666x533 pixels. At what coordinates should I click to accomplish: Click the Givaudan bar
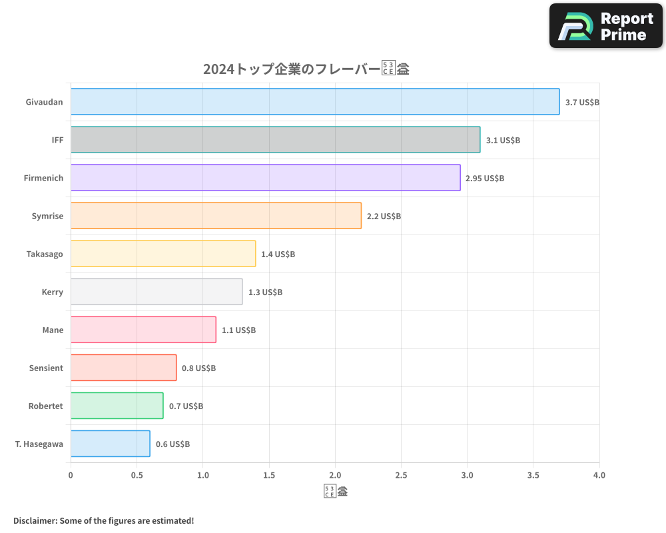point(315,102)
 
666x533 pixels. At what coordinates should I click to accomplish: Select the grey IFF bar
point(275,140)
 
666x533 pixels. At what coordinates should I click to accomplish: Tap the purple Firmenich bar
point(265,178)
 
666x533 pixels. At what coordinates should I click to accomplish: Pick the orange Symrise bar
point(216,216)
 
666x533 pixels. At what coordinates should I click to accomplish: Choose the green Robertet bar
point(117,406)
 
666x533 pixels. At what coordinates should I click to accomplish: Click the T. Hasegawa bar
point(110,444)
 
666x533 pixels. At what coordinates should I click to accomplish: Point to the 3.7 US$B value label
point(582,103)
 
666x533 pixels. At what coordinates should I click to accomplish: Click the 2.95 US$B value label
point(485,179)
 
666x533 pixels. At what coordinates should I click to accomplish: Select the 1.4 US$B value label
point(278,255)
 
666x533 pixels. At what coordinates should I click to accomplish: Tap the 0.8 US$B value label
point(198,368)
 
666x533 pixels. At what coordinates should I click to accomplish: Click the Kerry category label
point(52,292)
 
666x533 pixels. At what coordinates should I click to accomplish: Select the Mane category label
point(52,330)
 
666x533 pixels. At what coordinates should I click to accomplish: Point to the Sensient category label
point(46,368)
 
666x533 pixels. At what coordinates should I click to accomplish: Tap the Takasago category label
point(45,254)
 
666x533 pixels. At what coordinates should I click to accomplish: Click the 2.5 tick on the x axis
point(401,476)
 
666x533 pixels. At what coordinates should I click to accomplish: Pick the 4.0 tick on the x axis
point(599,476)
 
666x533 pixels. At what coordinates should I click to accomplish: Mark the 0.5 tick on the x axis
point(137,476)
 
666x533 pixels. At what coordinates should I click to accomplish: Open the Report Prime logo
point(606,26)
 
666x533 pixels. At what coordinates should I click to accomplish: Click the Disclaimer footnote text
point(103,520)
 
